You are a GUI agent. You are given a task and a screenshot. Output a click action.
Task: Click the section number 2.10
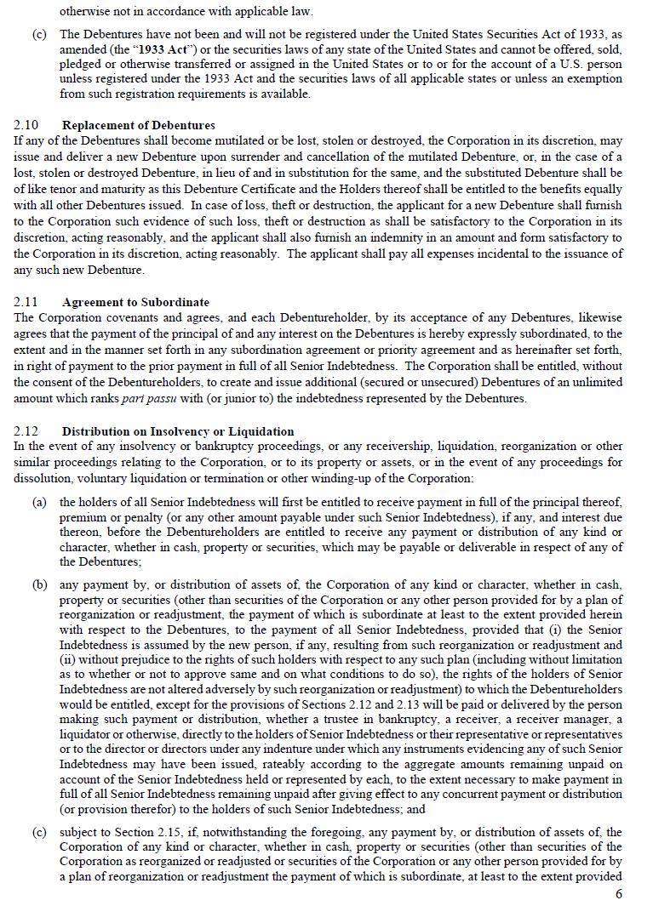[x=26, y=125]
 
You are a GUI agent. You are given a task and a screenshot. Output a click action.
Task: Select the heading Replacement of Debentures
[x=138, y=125]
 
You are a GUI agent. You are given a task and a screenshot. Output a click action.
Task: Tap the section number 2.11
[x=26, y=302]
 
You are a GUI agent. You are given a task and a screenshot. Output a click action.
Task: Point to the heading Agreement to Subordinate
[x=135, y=302]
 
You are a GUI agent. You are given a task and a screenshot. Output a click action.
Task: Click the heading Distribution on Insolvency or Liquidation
[x=178, y=431]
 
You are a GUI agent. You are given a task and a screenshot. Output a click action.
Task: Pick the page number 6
[x=619, y=894]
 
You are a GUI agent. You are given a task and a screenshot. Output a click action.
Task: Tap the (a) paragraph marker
[x=39, y=503]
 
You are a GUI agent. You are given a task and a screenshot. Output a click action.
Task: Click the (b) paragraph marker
[x=39, y=584]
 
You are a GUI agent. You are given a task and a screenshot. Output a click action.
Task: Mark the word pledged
[x=80, y=65]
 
